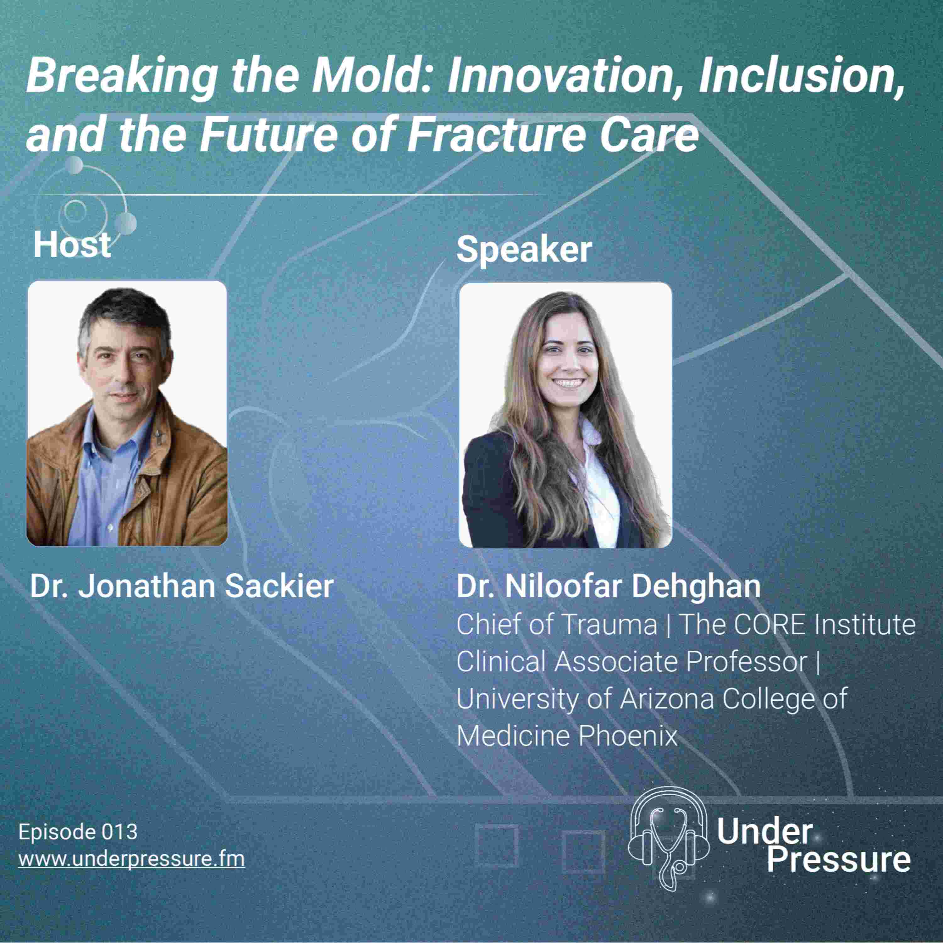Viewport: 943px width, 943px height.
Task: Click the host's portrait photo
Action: click(127, 413)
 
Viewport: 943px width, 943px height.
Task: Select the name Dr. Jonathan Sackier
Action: click(182, 586)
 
